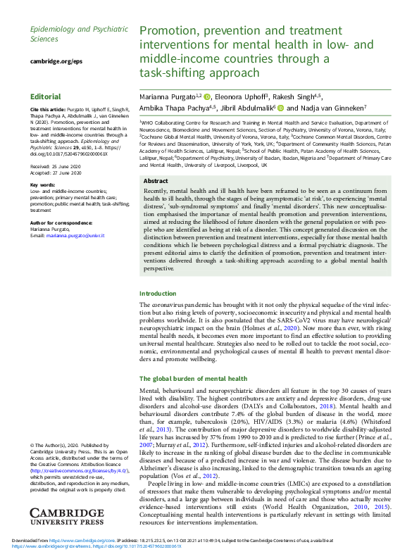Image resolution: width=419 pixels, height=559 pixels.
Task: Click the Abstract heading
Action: point(155,180)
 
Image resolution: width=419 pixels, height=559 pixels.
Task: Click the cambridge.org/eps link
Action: point(51,62)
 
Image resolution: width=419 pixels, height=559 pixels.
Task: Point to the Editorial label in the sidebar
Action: point(45,96)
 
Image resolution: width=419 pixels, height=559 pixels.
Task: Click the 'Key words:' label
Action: point(43,184)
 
